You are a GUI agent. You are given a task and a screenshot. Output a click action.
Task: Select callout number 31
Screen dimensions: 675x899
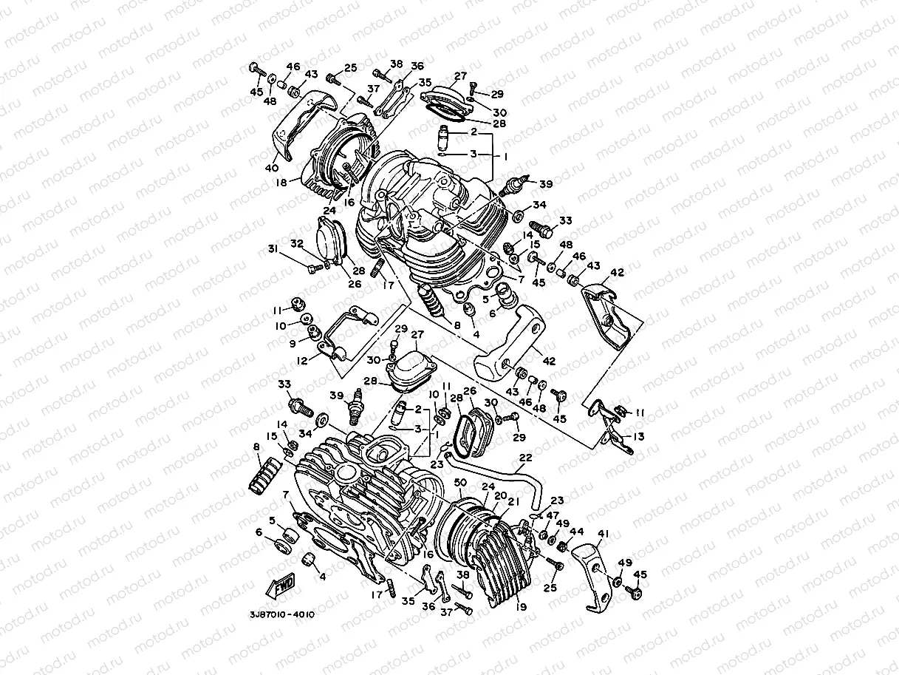(x=273, y=249)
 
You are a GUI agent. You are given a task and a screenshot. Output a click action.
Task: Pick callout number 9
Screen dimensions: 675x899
(x=293, y=344)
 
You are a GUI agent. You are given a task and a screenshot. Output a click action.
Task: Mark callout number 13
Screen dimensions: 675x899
(x=638, y=437)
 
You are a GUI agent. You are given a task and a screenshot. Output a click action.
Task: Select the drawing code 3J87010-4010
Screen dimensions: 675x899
(x=282, y=614)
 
